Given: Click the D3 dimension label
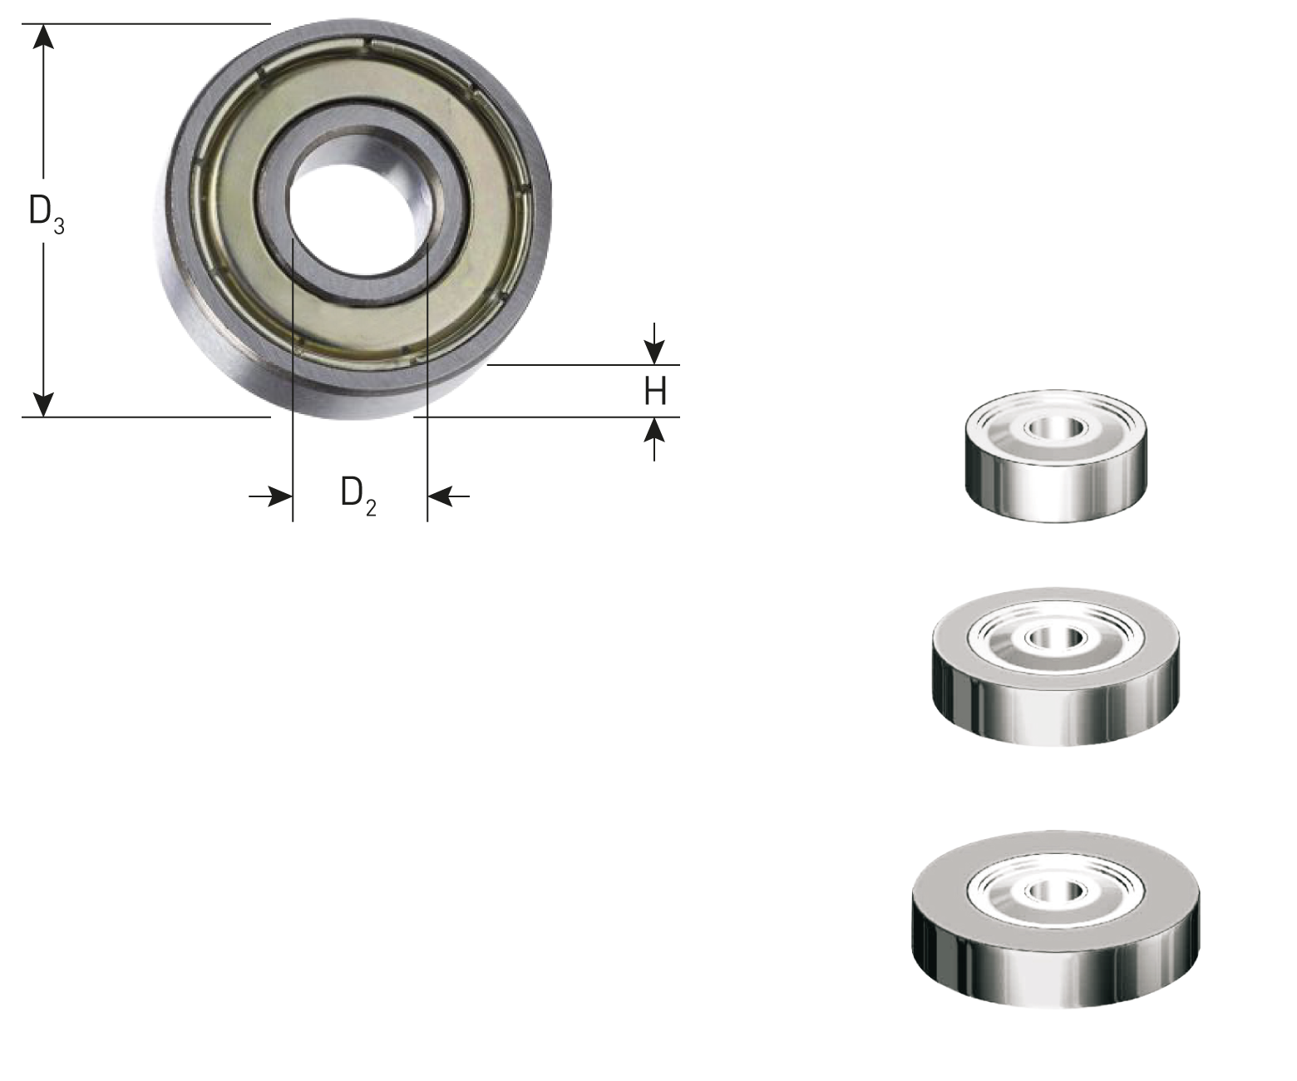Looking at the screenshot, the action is (47, 214).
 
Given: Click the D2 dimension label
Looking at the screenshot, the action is (358, 495).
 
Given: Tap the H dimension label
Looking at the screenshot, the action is (655, 392).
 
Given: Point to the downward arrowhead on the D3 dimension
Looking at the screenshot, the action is (43, 405).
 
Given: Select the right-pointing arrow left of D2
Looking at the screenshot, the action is (270, 496).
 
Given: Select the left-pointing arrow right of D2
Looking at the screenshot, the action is (448, 496).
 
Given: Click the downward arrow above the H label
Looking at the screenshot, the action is (654, 343).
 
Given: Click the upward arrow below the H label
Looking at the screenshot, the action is (654, 439).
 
